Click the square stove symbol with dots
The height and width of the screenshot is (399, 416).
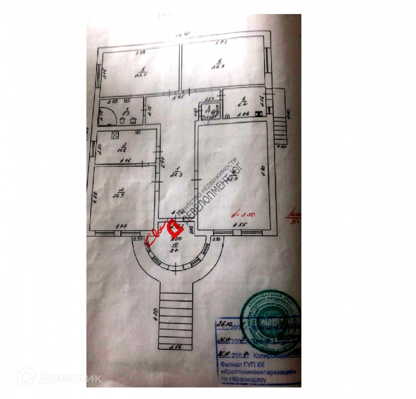[115, 136]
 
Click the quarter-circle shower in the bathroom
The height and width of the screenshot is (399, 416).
[107, 116]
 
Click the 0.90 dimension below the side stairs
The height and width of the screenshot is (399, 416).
[282, 147]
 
